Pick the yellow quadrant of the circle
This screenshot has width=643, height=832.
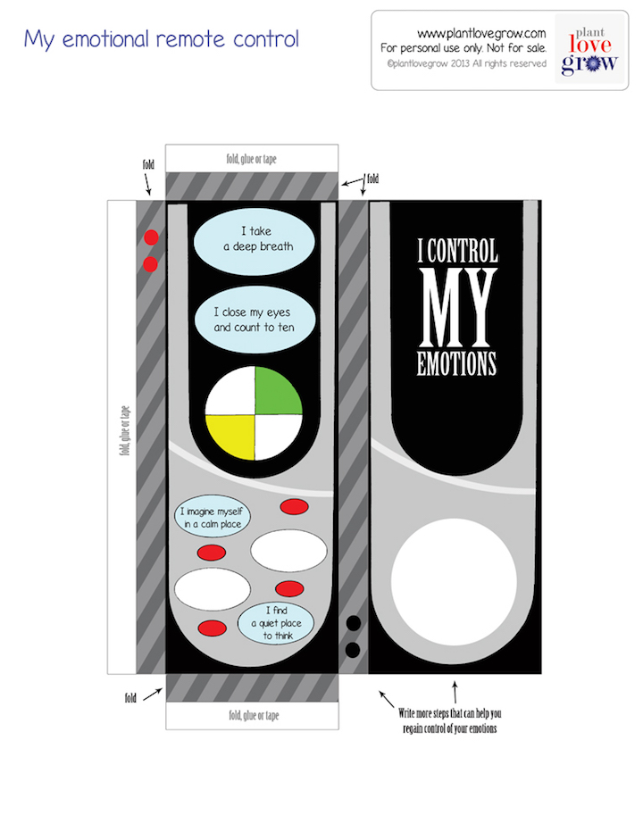click(x=231, y=438)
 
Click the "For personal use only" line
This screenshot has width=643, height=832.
click(x=463, y=48)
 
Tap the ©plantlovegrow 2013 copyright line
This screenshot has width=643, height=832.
click(x=465, y=64)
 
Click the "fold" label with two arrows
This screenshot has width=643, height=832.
click(x=372, y=179)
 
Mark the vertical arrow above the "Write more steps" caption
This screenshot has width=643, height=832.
click(x=455, y=692)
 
